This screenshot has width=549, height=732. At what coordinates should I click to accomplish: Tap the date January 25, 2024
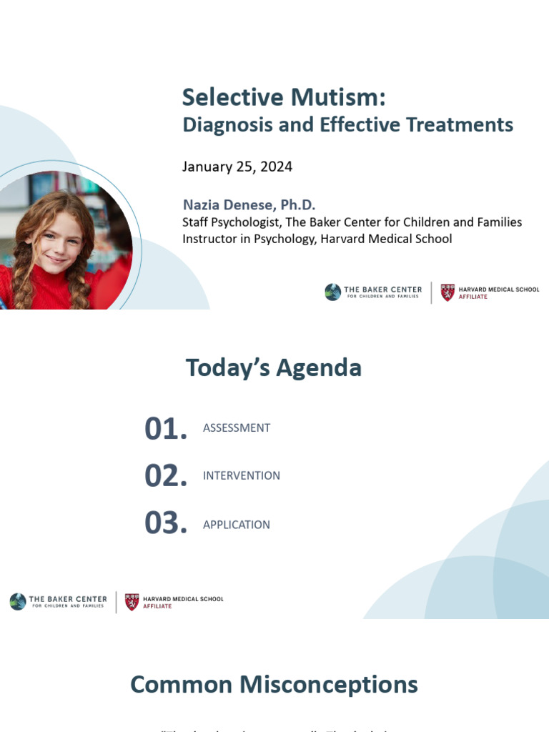coord(237,167)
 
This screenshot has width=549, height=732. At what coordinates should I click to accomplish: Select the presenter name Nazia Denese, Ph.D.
coord(249,205)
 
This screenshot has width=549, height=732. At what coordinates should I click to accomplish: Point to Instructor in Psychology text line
coord(317,239)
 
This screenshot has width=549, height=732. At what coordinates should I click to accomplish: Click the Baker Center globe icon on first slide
coord(332,292)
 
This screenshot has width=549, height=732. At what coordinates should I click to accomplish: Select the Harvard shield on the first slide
coord(447,292)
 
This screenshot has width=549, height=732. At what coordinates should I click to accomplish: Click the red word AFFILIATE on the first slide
coord(473,297)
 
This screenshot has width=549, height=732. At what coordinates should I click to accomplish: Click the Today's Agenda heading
coord(274,368)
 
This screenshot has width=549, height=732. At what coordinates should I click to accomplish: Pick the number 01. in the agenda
coord(166,429)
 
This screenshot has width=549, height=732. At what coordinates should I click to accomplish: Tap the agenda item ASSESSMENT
coord(237,428)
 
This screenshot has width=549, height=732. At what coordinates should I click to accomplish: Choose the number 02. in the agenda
coord(166,476)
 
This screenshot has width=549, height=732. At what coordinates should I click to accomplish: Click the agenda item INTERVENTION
coord(242,476)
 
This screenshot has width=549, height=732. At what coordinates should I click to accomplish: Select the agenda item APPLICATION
coord(237,525)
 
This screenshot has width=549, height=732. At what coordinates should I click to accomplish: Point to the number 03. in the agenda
coord(166,524)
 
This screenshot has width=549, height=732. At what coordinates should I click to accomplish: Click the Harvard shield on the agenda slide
coord(132,602)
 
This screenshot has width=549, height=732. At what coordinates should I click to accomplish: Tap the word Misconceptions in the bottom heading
coord(328,685)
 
